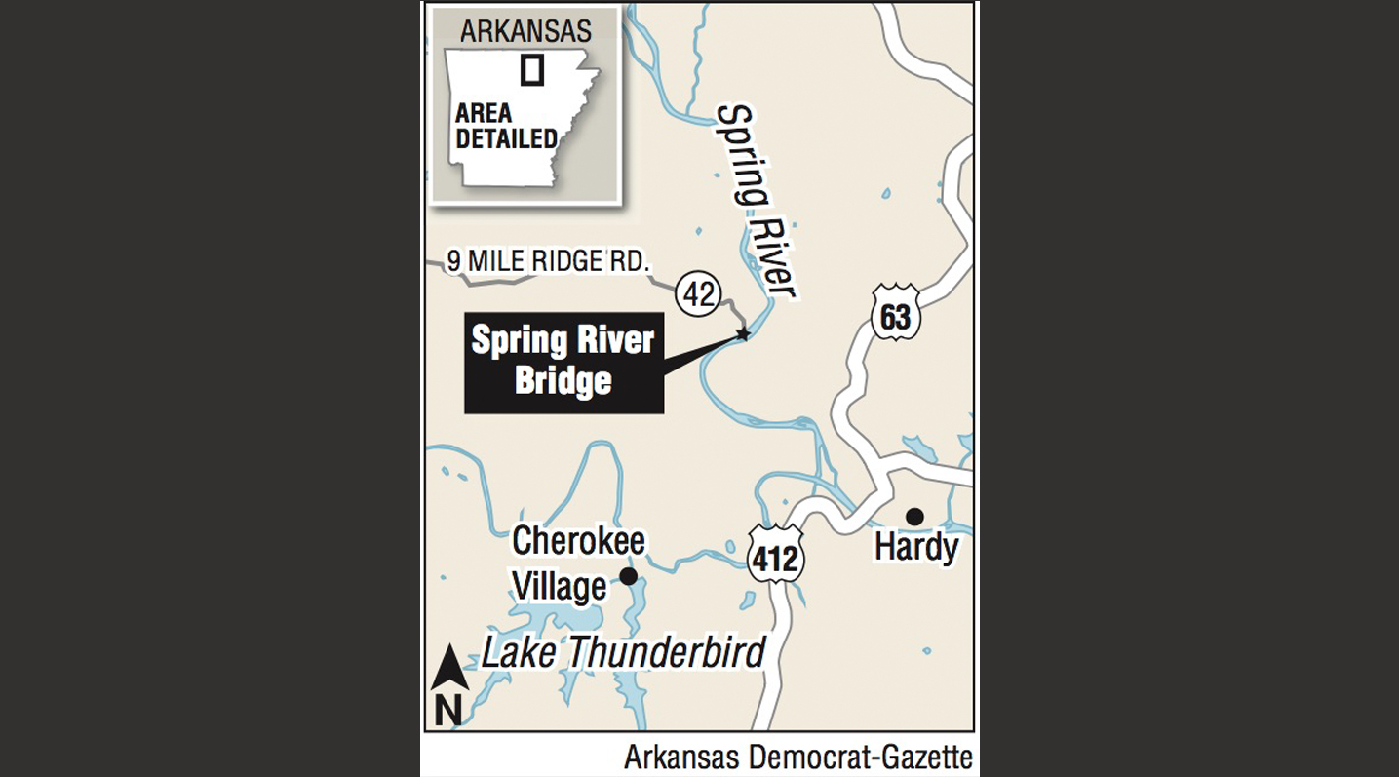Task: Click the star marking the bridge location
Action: click(x=743, y=334)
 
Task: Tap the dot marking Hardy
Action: click(x=913, y=516)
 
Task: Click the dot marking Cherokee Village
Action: click(x=629, y=576)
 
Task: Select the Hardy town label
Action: click(x=915, y=547)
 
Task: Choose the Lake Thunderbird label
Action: click(x=624, y=652)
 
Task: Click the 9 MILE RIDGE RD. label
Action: click(x=548, y=260)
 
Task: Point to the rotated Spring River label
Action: click(x=758, y=200)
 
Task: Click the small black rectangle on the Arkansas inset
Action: click(x=531, y=71)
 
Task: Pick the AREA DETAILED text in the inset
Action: click(x=506, y=125)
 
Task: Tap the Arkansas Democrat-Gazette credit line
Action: click(x=797, y=756)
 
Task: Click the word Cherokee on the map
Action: click(x=579, y=540)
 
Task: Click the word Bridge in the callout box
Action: click(x=563, y=380)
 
